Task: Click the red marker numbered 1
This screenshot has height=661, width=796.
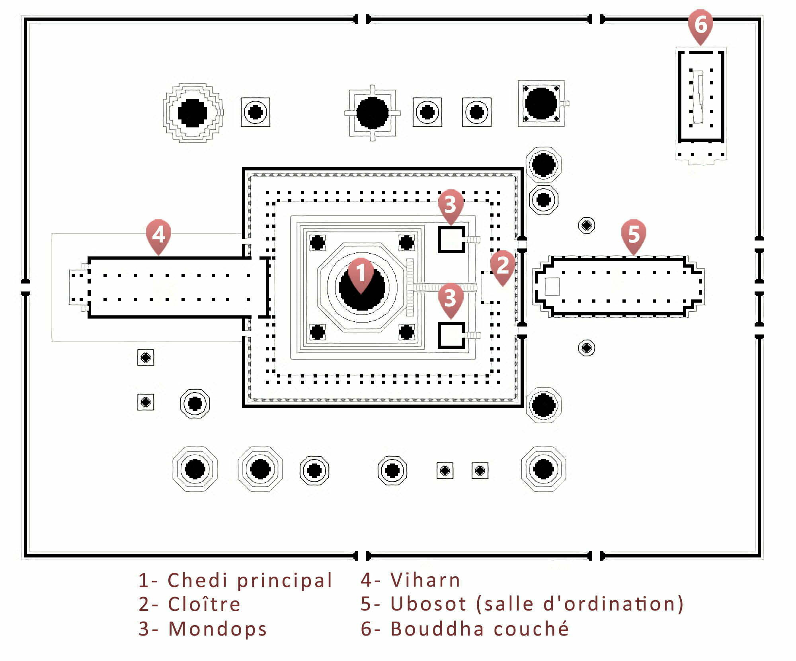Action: coord(361,273)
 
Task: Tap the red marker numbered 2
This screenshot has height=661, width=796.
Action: coord(502,265)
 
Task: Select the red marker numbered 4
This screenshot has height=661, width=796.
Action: coord(158,234)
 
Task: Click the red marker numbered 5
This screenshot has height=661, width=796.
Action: coord(633,234)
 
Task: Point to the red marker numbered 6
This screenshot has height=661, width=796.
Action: coord(700,25)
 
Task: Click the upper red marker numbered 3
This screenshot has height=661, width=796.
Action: coord(450,204)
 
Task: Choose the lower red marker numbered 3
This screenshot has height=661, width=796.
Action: coord(450,298)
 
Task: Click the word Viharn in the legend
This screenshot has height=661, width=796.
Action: coord(425,580)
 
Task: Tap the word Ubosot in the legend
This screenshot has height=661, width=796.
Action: coord(428,604)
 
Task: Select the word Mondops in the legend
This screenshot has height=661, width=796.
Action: coord(217,629)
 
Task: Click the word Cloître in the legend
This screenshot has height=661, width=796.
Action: coord(204,604)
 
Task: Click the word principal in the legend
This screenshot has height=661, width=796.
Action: coord(285,580)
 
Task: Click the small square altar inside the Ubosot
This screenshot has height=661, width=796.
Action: coord(552,286)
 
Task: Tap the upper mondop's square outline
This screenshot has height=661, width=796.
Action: coord(451,240)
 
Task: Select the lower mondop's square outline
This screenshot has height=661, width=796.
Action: coord(451,335)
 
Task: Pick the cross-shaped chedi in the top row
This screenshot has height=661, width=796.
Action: coord(372,113)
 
